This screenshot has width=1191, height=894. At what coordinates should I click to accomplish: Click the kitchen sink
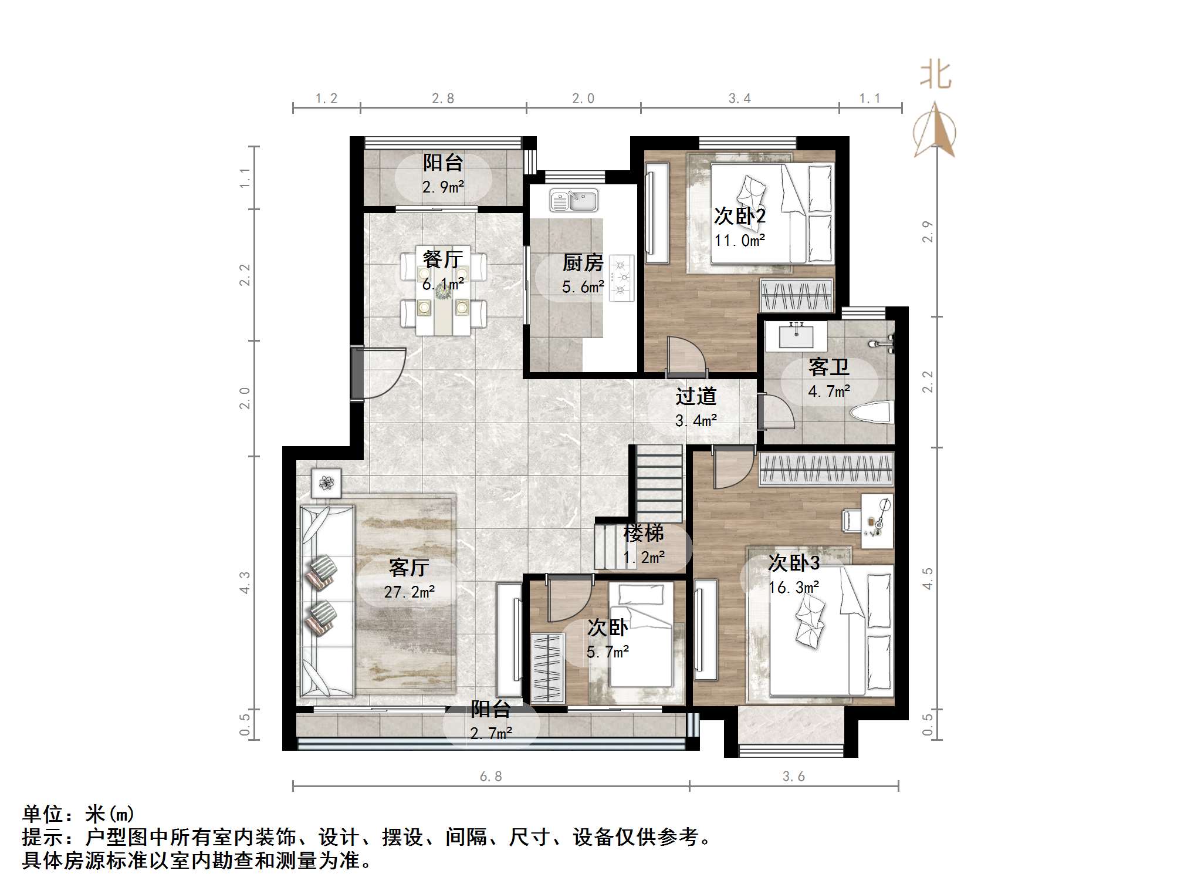(573, 200)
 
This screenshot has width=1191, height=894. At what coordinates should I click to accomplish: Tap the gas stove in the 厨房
(622, 278)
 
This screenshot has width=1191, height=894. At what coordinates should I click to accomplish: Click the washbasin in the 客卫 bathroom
(796, 336)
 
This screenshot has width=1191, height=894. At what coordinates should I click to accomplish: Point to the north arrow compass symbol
(935, 130)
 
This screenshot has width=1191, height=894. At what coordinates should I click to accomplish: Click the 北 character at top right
(935, 76)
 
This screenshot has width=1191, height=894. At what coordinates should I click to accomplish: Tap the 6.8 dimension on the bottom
(490, 777)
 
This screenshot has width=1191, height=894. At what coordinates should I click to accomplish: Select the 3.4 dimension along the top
(739, 99)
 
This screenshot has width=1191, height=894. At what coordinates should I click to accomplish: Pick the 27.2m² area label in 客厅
(409, 592)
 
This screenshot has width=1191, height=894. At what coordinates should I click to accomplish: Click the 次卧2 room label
(739, 216)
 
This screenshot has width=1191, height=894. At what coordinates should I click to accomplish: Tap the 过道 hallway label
(696, 396)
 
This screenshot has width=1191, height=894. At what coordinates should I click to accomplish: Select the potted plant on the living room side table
(326, 483)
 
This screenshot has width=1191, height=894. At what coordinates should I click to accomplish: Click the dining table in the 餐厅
(443, 291)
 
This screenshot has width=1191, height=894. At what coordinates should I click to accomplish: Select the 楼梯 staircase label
(643, 533)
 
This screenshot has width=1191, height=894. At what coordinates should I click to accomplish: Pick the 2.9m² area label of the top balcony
(443, 187)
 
